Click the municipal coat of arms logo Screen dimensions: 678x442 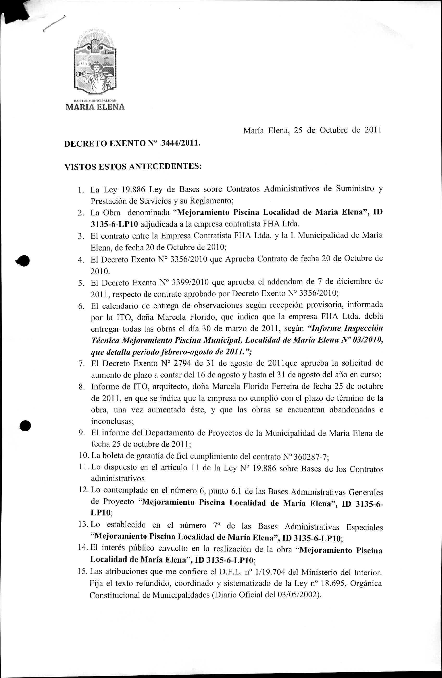click(95, 64)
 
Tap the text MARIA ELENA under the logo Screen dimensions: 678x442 click(95, 107)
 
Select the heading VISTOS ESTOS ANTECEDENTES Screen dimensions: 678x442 click(133, 167)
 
